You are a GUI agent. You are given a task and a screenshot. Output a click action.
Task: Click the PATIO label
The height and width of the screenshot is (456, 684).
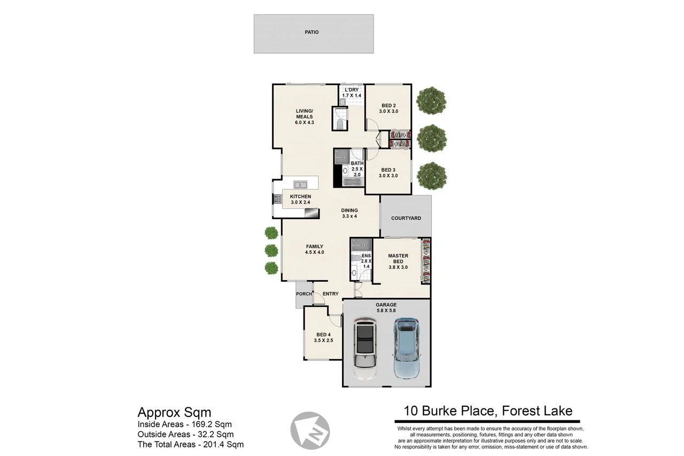tap(312, 33)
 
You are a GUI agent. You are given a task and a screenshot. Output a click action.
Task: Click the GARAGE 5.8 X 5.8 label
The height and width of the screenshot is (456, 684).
tap(386, 307)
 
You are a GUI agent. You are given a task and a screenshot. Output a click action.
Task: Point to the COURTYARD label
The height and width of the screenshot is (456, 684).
tap(406, 218)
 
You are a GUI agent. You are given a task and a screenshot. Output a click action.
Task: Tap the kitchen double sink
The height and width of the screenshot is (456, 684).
tap(300, 185)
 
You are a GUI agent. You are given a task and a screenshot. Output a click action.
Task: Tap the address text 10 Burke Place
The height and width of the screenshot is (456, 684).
tap(488, 411)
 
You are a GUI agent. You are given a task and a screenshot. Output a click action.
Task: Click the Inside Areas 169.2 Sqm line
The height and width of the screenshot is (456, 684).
tap(184, 424)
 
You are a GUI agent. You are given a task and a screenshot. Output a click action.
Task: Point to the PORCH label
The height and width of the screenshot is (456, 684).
tap(304, 294)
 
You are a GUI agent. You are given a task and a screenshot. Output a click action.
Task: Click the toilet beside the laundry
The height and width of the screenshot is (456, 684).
tap(340, 125)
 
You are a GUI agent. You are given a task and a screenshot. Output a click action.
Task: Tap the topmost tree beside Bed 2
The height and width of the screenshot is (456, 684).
tap(431, 100)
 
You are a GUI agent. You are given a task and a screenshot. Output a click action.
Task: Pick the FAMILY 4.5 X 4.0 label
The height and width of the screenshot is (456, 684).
tap(315, 249)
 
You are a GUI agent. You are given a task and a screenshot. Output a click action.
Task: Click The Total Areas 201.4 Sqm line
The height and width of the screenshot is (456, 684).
tap(190, 444)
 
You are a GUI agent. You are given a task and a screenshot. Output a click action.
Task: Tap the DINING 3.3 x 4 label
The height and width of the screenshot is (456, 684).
tap(349, 213)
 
